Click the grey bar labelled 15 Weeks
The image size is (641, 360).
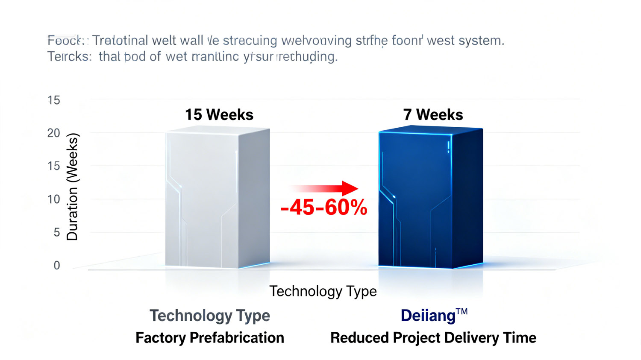217,199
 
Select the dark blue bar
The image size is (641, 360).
430,199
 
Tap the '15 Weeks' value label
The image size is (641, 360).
219,114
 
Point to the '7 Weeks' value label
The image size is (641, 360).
433,114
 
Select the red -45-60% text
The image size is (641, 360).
324,208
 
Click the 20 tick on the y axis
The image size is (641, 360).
53,133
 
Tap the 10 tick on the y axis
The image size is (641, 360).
53,199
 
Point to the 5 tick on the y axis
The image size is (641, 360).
56,232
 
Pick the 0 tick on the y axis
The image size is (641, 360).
56,265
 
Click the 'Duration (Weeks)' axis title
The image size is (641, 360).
72,187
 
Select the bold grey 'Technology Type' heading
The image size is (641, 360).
209,316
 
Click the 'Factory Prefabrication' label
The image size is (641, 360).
209,338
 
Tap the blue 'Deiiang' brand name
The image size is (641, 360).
428,316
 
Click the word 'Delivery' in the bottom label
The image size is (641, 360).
473,338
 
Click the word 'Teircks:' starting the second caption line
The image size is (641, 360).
69,56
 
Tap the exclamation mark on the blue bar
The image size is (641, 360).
448,147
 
